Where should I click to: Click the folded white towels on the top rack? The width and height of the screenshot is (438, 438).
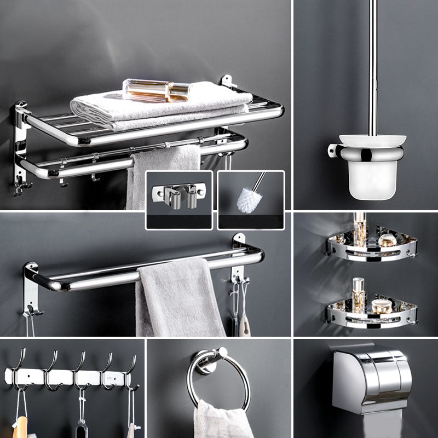pos(159,107)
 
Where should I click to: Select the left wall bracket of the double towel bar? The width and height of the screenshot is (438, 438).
pos(32,287)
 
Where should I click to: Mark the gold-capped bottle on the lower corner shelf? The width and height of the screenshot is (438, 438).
pos(359,287)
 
